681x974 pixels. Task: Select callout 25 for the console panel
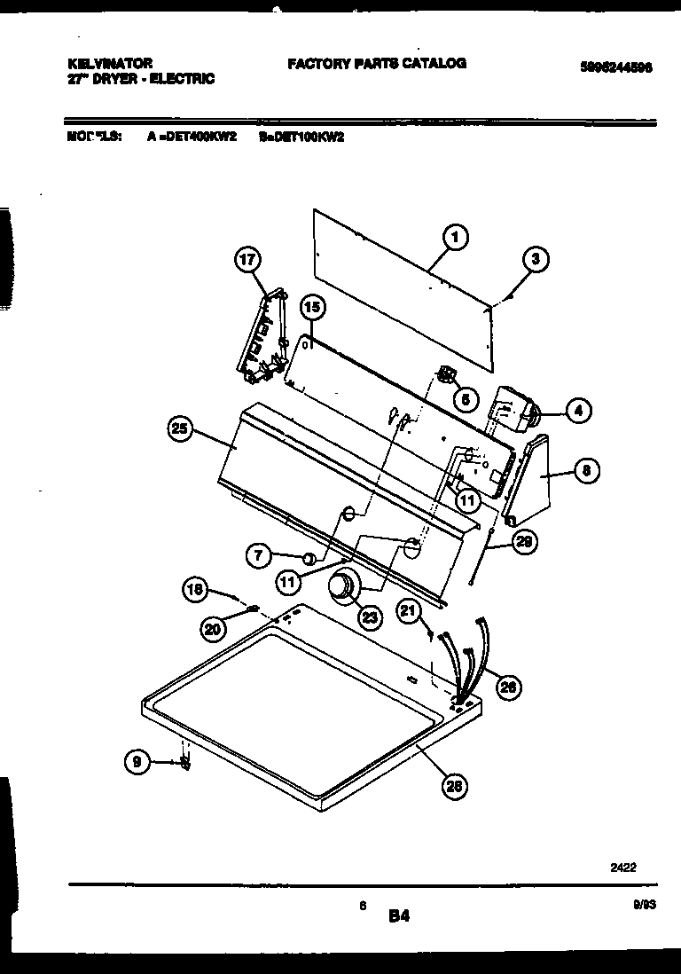point(181,429)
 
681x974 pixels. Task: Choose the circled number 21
point(409,610)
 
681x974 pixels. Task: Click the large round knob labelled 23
point(341,587)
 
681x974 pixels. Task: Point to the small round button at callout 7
point(309,558)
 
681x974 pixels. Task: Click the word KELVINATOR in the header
point(110,64)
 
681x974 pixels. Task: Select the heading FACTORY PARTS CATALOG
point(376,64)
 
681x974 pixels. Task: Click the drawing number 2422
point(622,869)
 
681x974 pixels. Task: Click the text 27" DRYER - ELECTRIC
point(141,79)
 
